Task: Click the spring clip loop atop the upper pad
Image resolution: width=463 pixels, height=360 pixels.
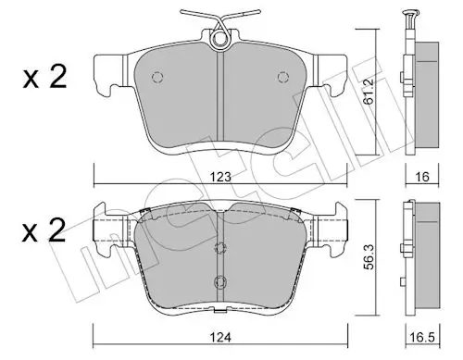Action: point(220,39)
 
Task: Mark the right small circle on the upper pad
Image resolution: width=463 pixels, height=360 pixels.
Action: point(284,77)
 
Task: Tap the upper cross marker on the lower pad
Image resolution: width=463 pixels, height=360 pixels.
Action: point(219,247)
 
